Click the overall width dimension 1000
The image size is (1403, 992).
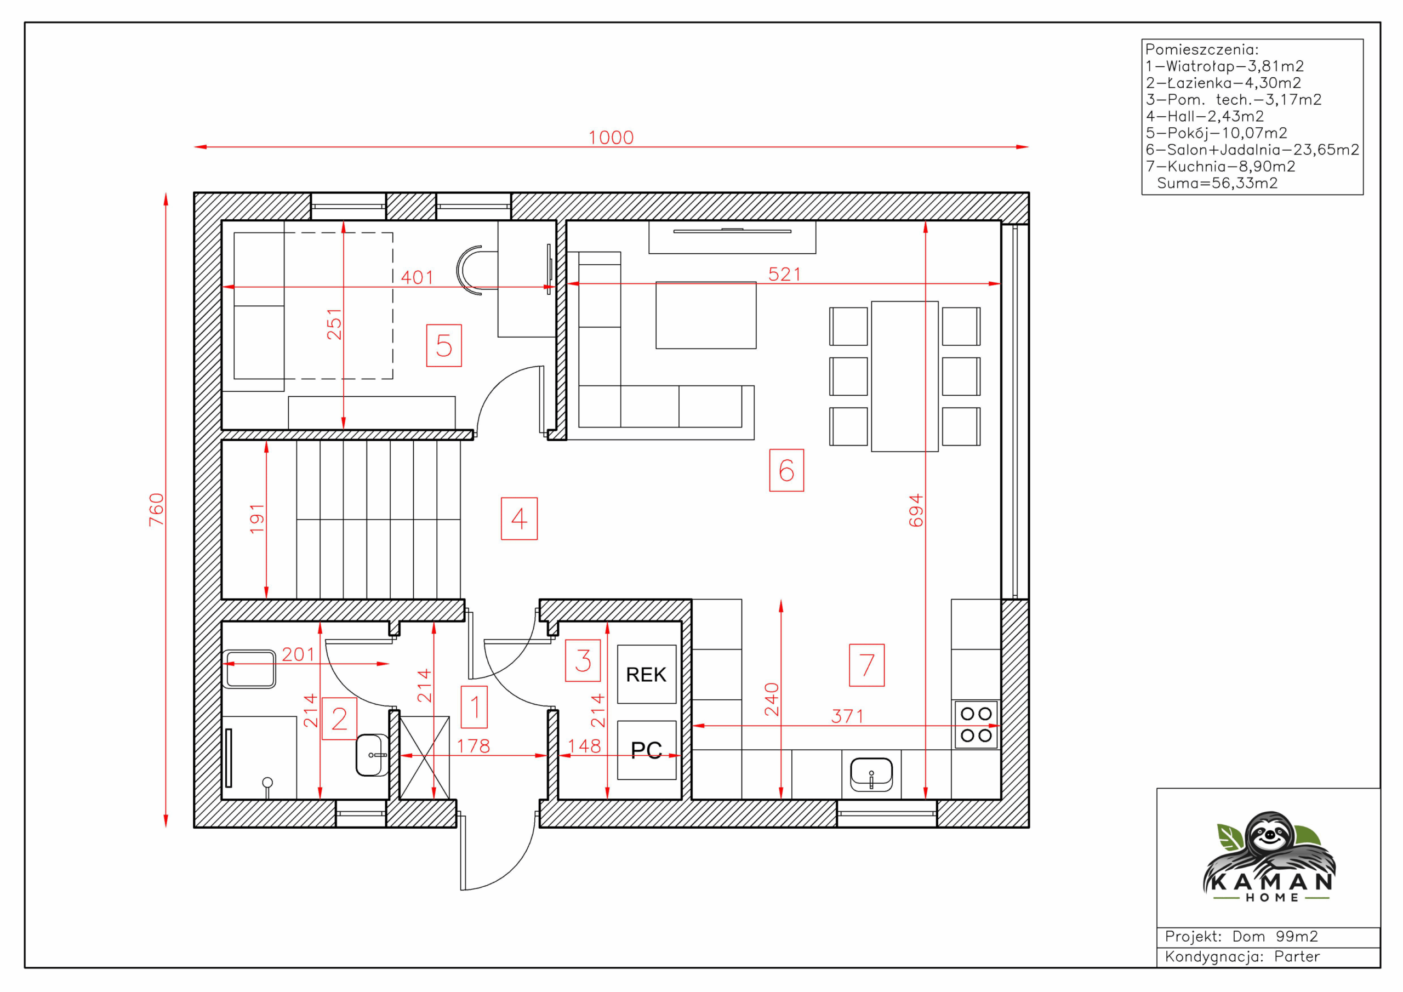pos(611,138)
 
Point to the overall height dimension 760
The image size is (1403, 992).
pos(156,509)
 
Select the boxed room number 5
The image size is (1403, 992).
pos(443,345)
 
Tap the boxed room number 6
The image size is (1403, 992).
pos(786,470)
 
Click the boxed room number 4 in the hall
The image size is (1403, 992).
pos(519,518)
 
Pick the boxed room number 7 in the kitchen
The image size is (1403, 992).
pos(866,665)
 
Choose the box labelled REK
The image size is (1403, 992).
pos(647,674)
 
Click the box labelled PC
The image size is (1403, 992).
pos(647,750)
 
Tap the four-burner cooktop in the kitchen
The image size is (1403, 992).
pos(976,725)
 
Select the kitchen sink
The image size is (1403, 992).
pos(871,774)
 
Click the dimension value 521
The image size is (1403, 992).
pos(785,274)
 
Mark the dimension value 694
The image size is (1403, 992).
pos(915,510)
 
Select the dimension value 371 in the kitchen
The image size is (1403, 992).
pos(847,716)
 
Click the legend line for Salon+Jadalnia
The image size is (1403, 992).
pos(1252,150)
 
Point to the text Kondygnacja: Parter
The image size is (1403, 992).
pos(1242,956)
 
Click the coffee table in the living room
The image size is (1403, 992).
pos(706,315)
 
